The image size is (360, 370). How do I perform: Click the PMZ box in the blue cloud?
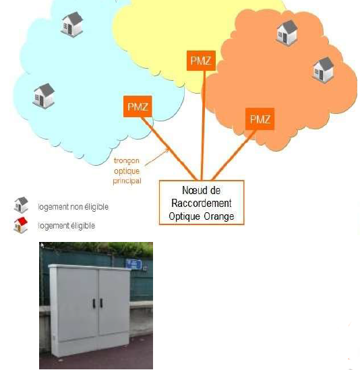click(x=138, y=106)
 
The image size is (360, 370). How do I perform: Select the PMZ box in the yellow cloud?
click(x=201, y=61)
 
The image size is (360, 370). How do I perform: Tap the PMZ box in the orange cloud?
click(x=260, y=119)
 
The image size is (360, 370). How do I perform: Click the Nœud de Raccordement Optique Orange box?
click(x=202, y=203)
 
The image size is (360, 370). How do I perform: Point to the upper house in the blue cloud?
click(x=72, y=24)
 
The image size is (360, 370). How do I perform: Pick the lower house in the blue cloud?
click(x=44, y=96)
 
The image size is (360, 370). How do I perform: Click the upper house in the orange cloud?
click(x=287, y=32)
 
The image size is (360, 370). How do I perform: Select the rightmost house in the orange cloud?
click(x=323, y=69)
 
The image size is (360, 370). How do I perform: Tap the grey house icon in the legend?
click(x=21, y=205)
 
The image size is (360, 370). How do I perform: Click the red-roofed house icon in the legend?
click(x=21, y=225)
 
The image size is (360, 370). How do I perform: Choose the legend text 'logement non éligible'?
click(x=73, y=207)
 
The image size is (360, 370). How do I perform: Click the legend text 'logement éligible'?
click(x=67, y=226)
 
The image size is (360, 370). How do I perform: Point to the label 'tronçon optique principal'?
click(x=127, y=171)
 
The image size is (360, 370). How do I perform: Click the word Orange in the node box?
click(x=219, y=216)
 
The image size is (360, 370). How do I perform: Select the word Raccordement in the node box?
click(x=202, y=203)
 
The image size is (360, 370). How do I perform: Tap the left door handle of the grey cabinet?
click(x=94, y=303)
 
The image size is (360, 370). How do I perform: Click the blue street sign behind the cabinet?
click(x=133, y=264)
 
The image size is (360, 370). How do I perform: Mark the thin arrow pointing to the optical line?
click(x=157, y=157)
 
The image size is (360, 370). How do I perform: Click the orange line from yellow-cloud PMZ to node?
click(x=202, y=125)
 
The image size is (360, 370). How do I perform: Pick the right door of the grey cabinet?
click(x=114, y=302)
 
